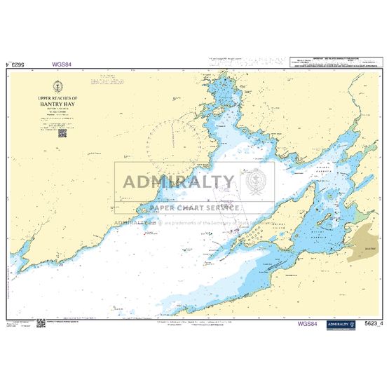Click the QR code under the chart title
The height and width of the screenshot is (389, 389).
[x=62, y=132]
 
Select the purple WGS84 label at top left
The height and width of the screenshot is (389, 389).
[x=62, y=64]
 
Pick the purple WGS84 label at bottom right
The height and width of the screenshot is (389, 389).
[x=308, y=324]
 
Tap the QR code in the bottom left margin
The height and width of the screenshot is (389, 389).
[x=42, y=323]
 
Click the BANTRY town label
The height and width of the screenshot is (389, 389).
[x=371, y=248]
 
